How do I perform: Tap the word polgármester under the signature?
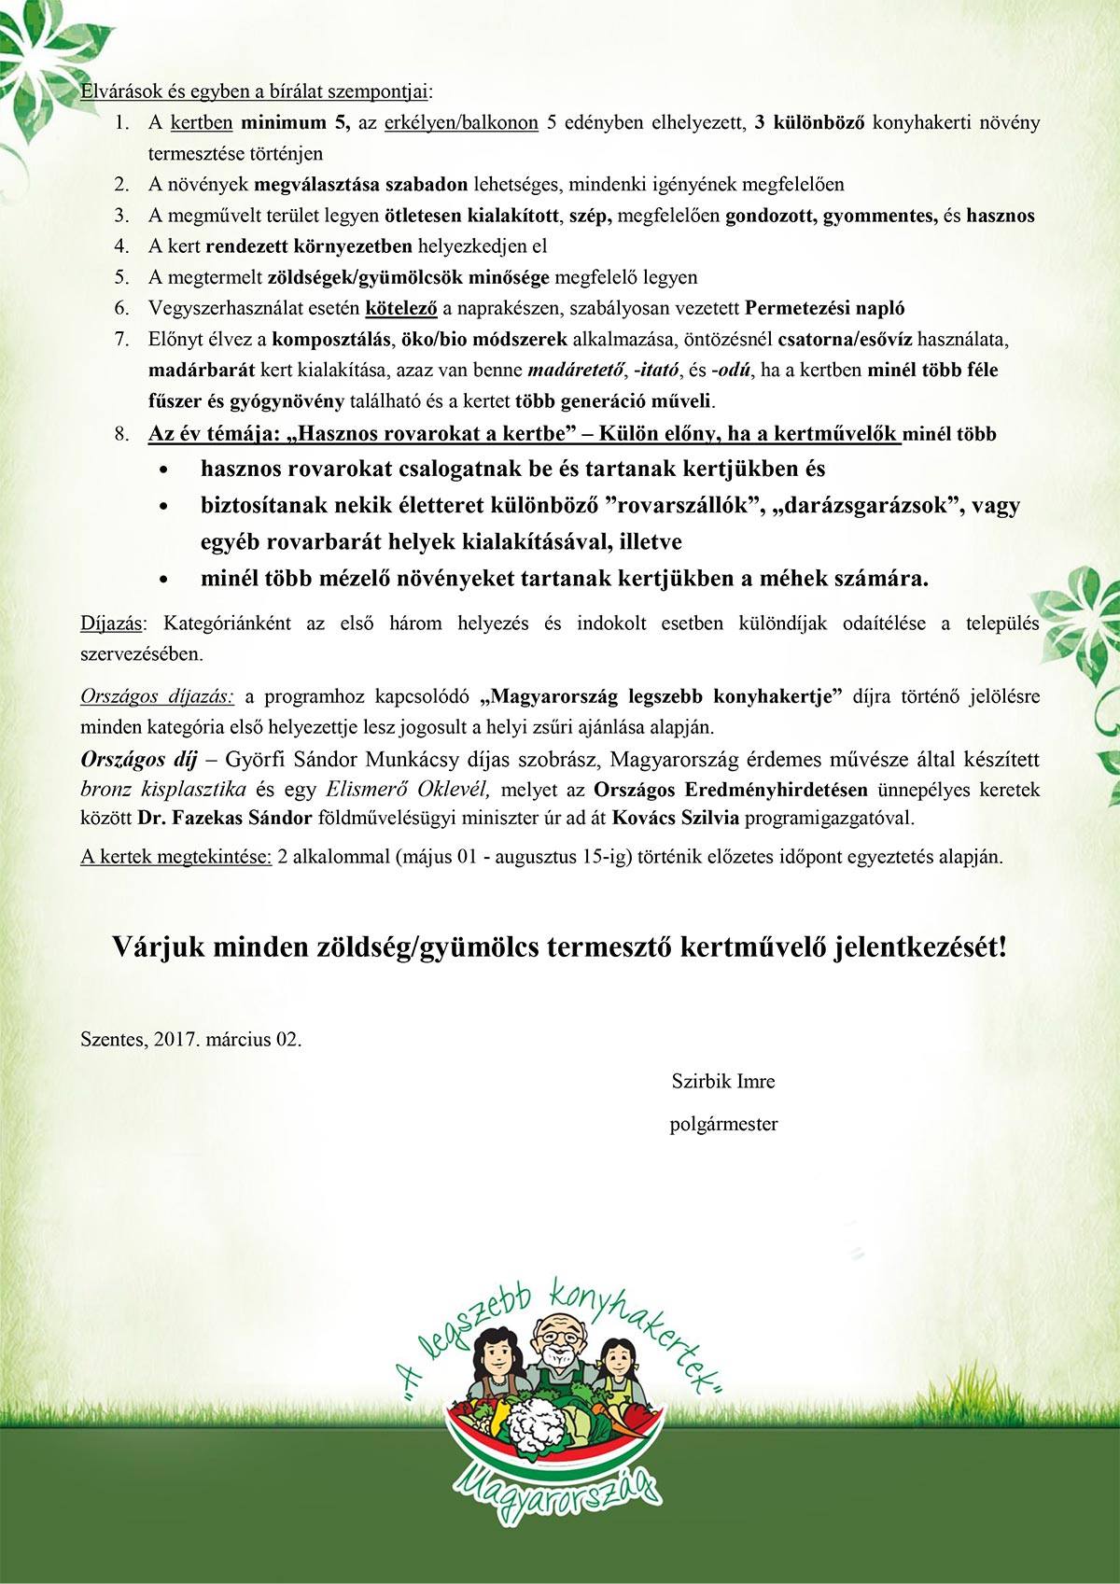coord(723,1124)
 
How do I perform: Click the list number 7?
coord(121,339)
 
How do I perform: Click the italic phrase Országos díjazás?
coord(158,696)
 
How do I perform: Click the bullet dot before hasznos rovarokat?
coord(165,470)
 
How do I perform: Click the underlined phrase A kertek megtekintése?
coord(176,859)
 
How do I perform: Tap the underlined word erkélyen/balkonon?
coord(460,122)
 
